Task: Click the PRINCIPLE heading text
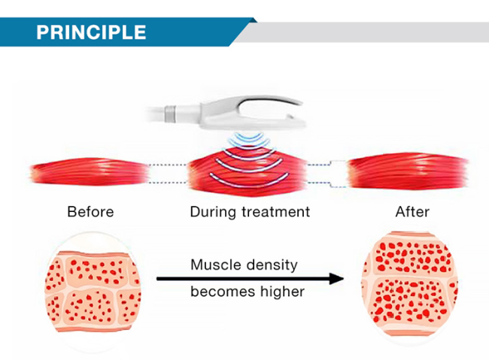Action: point(91,32)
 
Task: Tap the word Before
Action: point(90,212)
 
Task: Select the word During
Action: point(213,212)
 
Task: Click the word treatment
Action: point(276,212)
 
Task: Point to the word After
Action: point(412,212)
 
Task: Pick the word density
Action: point(272,265)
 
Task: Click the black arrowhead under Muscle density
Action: point(336,279)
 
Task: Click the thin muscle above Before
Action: point(90,172)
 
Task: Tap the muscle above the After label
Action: point(408,171)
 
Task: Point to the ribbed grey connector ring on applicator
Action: point(170,114)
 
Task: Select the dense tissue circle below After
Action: point(409,284)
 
